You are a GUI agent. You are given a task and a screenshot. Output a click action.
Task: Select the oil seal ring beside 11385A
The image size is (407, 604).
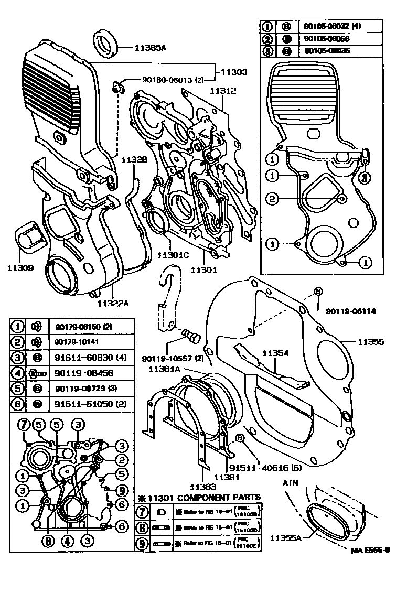[x=106, y=44]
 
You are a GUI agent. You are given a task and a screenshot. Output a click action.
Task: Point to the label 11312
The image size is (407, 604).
[x=223, y=90]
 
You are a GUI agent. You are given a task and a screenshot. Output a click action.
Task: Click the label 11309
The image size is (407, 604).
[x=20, y=268]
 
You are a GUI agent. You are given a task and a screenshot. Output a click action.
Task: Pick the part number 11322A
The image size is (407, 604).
[x=113, y=303]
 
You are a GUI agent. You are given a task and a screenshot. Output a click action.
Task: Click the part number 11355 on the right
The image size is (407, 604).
[x=371, y=341]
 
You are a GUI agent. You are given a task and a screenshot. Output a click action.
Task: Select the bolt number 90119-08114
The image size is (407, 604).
[x=351, y=311]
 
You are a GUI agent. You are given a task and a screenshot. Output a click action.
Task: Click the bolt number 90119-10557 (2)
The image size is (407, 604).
[x=173, y=359]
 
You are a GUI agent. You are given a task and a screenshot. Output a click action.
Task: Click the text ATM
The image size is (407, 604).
[x=291, y=482]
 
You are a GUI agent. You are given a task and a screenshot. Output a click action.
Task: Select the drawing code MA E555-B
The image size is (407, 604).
[x=370, y=550]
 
